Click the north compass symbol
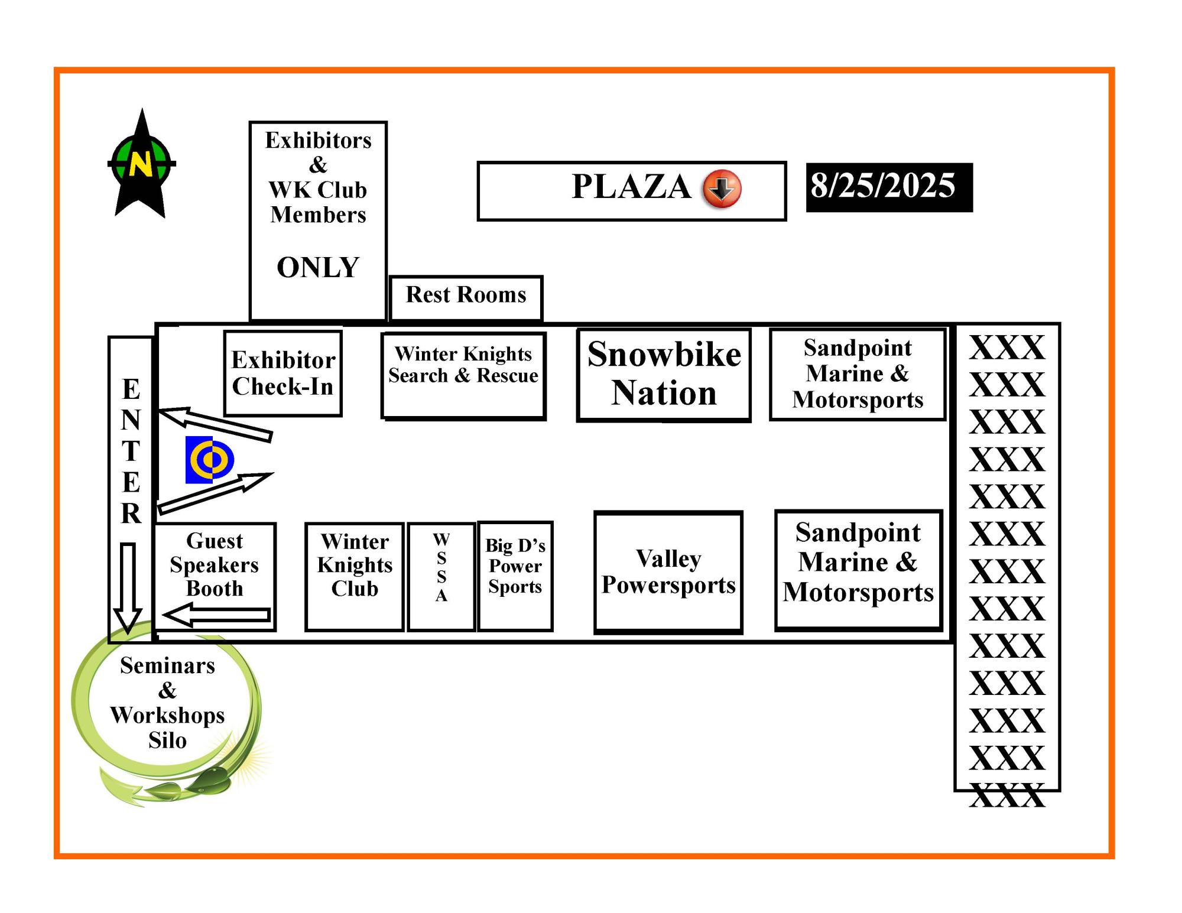tap(141, 164)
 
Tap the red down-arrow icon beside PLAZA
tap(722, 189)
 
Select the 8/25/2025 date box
tap(889, 187)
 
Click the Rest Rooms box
tap(466, 298)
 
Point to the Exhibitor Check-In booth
tap(283, 373)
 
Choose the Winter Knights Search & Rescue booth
tap(464, 376)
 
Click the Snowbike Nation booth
tap(664, 375)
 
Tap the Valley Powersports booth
tap(668, 572)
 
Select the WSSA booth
tap(441, 576)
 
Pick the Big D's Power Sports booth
tap(515, 576)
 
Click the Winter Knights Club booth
tap(355, 576)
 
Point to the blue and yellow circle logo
tap(210, 460)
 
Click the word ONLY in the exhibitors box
tap(318, 267)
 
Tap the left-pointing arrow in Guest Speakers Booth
tap(217, 615)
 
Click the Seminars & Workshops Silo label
tap(167, 703)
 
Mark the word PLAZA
tap(631, 187)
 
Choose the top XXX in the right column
tap(1007, 347)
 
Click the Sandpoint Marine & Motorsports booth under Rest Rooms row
tap(858, 375)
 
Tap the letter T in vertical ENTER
tap(131, 451)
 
